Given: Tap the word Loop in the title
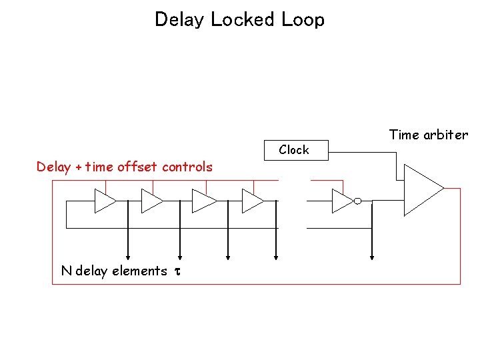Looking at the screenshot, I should point(303,19).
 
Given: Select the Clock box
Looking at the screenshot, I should point(294,150).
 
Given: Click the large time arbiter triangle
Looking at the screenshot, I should point(421,190).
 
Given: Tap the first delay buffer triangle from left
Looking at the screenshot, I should point(104,201).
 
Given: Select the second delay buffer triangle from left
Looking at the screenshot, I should point(151,201).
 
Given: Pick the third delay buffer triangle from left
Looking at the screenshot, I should point(203,201).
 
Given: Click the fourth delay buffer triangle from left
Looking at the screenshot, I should point(252,201).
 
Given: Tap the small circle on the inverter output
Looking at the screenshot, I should point(357,201).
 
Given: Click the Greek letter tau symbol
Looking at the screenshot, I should point(177,271).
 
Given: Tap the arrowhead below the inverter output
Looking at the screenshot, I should point(372,255).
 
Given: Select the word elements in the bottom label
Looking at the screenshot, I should point(139,271).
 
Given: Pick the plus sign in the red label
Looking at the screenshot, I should point(79,167).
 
